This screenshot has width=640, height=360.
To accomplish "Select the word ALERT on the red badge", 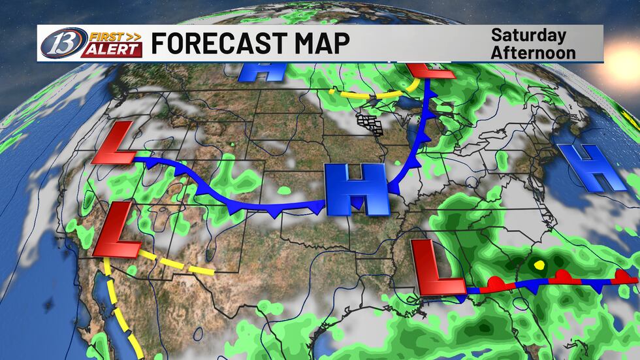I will [x=111, y=50].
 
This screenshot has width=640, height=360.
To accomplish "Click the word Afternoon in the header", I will [x=533, y=52].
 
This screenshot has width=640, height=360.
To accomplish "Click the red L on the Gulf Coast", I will [x=438, y=267].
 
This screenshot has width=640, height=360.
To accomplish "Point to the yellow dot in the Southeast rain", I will [x=539, y=265].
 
